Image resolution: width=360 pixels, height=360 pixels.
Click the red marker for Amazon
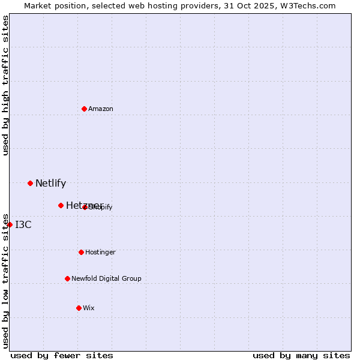pyautogui.click(x=84, y=109)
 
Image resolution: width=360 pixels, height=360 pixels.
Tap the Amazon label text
pyautogui.click(x=101, y=109)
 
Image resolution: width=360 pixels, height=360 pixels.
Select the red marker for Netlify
pyautogui.click(x=30, y=183)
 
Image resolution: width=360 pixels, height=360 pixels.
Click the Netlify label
pyautogui.click(x=50, y=184)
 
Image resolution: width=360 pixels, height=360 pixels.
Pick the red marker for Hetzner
pyautogui.click(x=61, y=205)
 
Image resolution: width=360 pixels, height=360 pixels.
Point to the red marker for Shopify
pyautogui.click(x=85, y=207)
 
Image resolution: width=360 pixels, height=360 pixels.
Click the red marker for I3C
pyautogui.click(x=10, y=224)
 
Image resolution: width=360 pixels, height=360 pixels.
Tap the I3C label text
pyautogui.click(x=23, y=225)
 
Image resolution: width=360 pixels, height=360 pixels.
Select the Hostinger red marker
pyautogui.click(x=81, y=252)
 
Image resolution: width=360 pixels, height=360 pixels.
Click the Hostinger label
pyautogui.click(x=100, y=253)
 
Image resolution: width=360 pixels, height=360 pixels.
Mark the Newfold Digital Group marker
pyautogui.click(x=67, y=278)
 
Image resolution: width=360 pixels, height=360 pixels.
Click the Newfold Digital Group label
pyautogui.click(x=106, y=279)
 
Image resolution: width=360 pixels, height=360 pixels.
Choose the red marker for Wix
pyautogui.click(x=79, y=308)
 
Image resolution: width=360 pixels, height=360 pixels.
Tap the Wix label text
pyautogui.click(x=89, y=308)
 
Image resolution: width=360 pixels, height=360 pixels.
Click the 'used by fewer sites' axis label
pyautogui.click(x=62, y=355)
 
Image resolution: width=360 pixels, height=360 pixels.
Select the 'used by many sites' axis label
pyautogui.click(x=301, y=355)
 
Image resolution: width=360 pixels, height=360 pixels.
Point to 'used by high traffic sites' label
pyautogui.click(x=5, y=85)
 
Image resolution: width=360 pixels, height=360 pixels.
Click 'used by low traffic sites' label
pyautogui.click(x=5, y=280)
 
